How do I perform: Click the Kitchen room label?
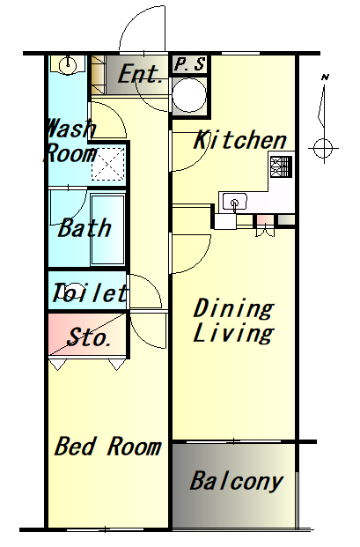point(240,140)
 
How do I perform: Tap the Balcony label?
point(237,482)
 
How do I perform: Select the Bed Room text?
point(108,447)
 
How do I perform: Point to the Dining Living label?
point(233,321)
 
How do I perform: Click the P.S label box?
point(190,64)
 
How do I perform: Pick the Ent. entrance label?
point(141,74)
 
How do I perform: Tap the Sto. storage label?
point(89,337)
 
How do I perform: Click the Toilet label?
point(90,292)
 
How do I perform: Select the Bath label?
point(84,228)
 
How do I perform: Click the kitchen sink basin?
point(235,203)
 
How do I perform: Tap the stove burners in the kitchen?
point(281,166)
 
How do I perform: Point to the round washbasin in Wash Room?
point(67,65)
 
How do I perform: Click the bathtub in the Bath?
point(107,229)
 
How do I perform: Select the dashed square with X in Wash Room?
point(108,164)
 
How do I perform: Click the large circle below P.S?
point(189,95)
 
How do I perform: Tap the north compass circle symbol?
point(323,149)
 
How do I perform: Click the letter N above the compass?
point(325,78)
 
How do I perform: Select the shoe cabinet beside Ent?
point(98,75)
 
